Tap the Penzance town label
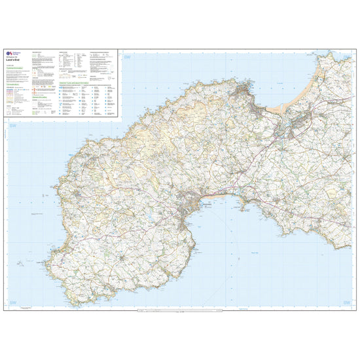190,208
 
